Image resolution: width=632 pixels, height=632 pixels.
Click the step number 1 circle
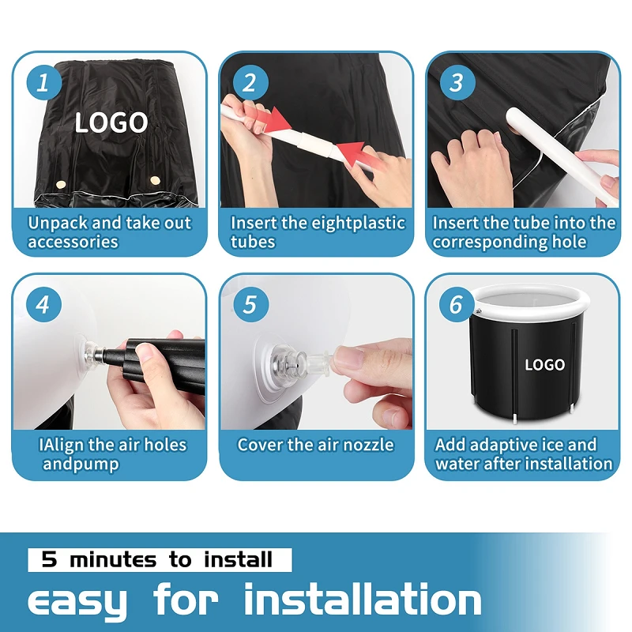coord(44,83)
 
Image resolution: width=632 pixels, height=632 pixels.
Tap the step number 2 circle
coord(250,83)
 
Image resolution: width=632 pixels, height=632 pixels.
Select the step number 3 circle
coord(457,83)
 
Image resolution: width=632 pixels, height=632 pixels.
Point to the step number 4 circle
coord(44,304)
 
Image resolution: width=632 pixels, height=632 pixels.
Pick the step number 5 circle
coord(250,304)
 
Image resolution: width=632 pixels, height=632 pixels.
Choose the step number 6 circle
coord(457,304)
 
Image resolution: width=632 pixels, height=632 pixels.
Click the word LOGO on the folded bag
coord(111,122)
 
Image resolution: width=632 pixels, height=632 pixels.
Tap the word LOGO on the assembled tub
coord(544,365)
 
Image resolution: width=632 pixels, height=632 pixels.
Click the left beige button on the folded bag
coord(61,185)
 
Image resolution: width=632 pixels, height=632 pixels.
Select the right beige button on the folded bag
coord(155,180)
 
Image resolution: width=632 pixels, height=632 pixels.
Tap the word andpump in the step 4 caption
coord(81,465)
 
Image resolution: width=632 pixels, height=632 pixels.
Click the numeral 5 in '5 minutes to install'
coord(49,559)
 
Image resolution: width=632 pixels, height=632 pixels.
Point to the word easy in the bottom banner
coord(77,600)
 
